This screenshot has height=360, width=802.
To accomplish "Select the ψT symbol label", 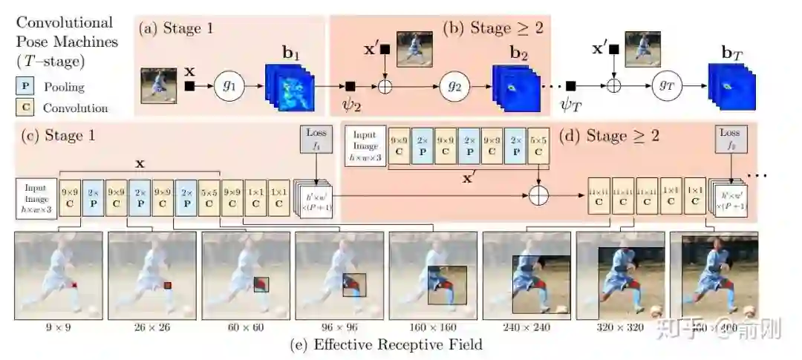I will [571, 106].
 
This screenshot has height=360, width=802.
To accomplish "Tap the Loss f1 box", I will [316, 139].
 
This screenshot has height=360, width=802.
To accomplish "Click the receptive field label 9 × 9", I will [57, 326].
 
